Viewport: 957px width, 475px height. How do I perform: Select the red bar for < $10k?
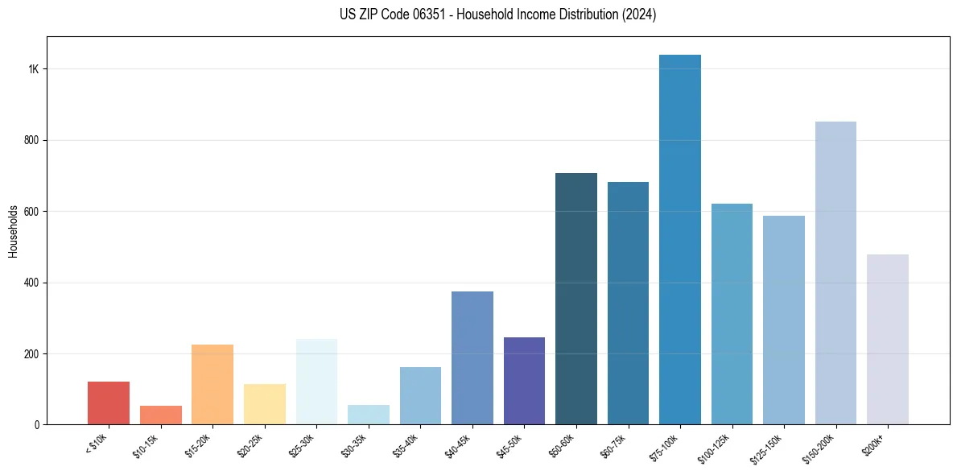click(109, 403)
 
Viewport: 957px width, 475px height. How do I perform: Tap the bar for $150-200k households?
click(835, 273)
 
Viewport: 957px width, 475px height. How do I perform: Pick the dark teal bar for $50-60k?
click(576, 299)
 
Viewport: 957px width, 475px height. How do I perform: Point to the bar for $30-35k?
click(369, 415)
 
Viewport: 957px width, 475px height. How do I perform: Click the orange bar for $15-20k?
click(212, 385)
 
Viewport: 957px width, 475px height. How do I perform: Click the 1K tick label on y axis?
click(34, 69)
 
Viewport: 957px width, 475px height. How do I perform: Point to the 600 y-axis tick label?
click(32, 212)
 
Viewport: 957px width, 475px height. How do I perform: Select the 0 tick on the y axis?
click(37, 425)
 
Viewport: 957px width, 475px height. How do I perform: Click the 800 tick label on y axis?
click(32, 140)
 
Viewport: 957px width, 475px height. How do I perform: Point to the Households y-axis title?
click(13, 230)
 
